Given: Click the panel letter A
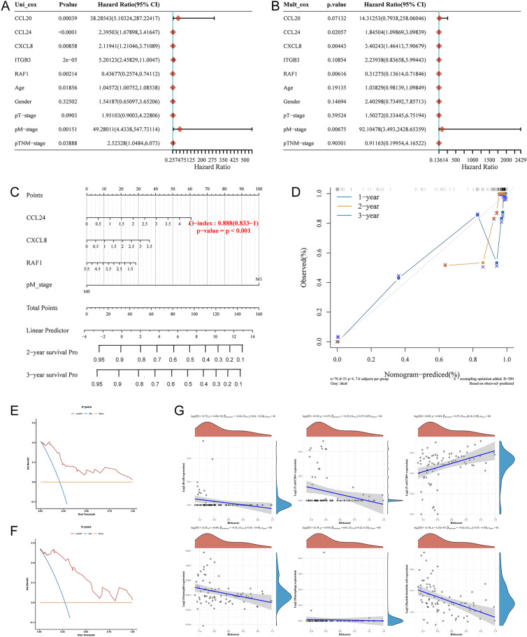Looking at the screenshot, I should (6, 6).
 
